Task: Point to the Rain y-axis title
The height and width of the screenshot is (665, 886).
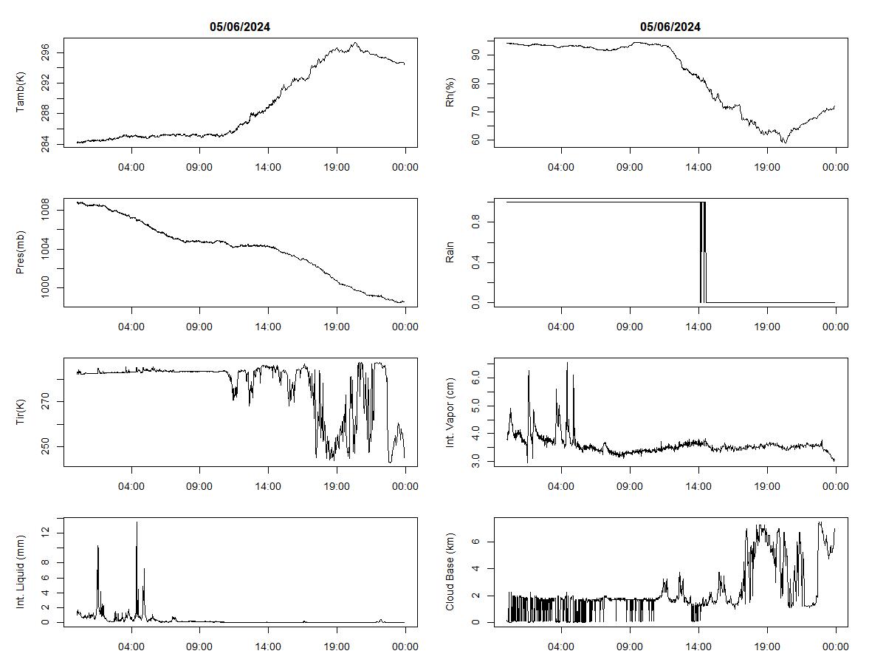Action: [450, 253]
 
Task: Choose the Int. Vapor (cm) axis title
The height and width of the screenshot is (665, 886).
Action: [450, 412]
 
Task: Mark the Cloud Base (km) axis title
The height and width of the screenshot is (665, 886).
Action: [450, 572]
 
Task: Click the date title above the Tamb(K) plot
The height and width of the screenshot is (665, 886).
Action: [240, 27]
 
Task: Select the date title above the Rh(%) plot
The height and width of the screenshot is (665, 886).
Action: [670, 27]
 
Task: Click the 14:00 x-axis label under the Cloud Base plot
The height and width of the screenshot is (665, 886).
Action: [698, 645]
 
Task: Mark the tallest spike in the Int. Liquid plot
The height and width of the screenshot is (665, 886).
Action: [137, 523]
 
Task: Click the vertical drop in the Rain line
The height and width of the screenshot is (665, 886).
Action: [701, 251]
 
